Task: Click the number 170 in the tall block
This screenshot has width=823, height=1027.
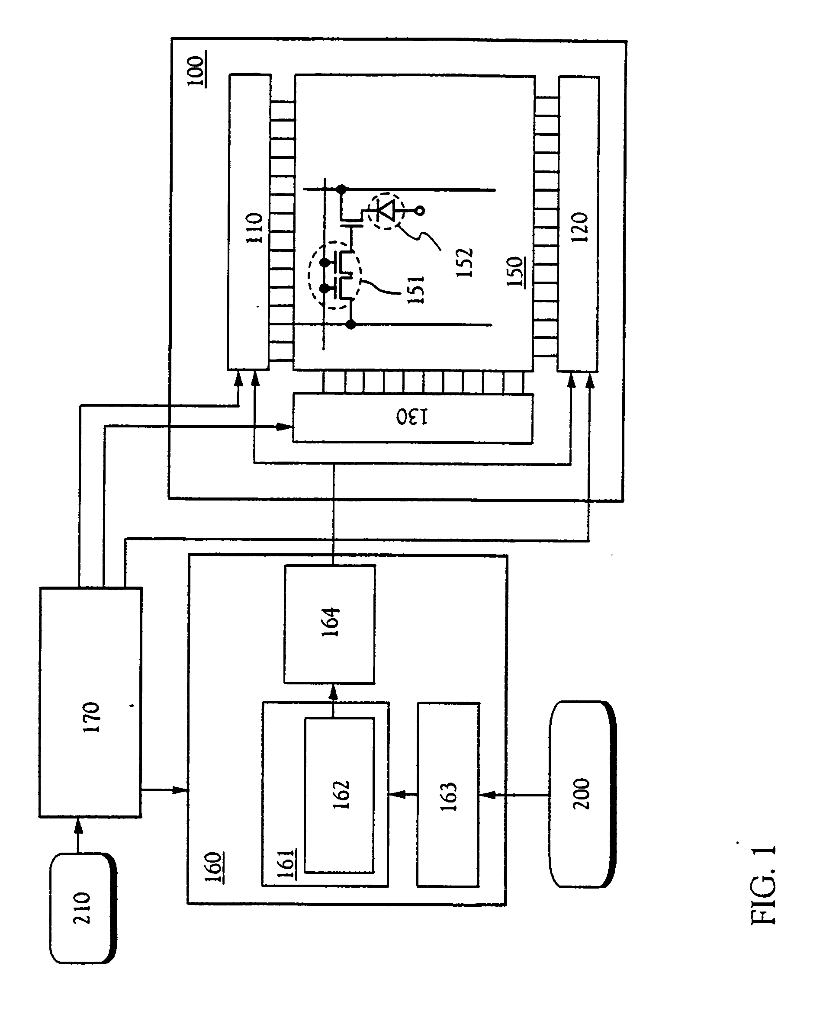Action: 91,717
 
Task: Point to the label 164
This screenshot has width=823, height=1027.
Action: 330,622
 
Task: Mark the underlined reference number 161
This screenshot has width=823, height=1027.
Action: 286,863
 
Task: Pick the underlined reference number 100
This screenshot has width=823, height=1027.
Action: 196,71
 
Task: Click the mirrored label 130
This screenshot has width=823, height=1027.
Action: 412,417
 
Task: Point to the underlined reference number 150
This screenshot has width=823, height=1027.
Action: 515,272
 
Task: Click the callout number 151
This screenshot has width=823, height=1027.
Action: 415,289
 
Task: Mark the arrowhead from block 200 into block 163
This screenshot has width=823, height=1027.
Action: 487,795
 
